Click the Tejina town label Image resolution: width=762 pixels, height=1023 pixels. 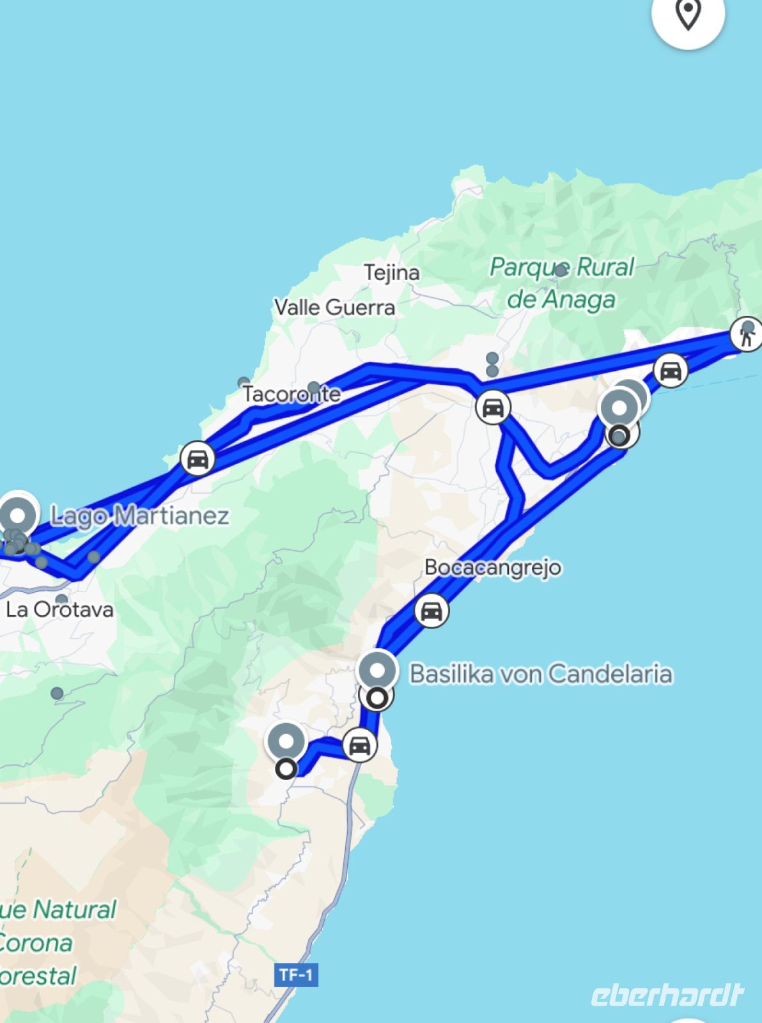point(392,273)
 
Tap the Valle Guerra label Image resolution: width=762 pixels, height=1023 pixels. point(335,308)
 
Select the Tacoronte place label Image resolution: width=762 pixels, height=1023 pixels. point(292,394)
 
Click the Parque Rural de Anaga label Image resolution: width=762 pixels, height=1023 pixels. point(561,283)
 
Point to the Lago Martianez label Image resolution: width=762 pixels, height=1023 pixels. point(139,515)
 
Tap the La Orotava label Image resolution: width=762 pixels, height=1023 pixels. point(59,609)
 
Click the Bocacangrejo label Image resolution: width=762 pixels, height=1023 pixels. point(493,567)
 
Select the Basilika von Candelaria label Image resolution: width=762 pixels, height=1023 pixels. point(541,674)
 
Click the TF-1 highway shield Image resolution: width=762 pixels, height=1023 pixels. point(296,975)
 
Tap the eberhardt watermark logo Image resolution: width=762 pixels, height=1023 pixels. point(667,995)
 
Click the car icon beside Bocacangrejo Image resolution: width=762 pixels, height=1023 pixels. point(431,611)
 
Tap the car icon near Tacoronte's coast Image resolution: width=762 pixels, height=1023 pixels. point(197,458)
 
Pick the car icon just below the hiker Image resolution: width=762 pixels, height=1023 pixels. point(670,371)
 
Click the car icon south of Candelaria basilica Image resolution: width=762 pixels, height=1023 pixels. point(359,746)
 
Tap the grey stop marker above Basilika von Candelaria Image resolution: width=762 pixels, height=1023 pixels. point(377,671)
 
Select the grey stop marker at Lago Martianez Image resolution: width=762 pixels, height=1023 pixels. point(18,515)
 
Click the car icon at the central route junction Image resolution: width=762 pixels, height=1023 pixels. point(492,407)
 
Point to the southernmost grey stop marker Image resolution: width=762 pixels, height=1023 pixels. point(286,742)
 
